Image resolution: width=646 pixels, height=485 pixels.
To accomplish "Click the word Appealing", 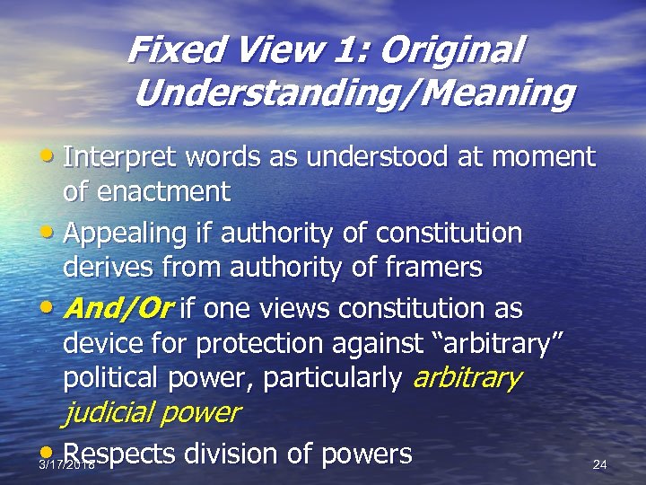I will click(125, 234).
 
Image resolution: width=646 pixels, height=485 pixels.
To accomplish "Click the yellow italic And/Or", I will click(119, 309).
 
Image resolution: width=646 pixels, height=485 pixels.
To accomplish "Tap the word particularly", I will click(332, 378).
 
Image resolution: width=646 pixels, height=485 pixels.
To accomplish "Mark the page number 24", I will click(600, 464).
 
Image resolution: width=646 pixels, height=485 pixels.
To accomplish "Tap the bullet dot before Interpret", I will click(54, 157).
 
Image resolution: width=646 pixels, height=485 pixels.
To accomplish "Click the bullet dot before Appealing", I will click(54, 234).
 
